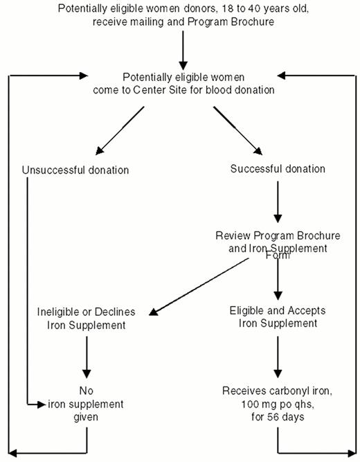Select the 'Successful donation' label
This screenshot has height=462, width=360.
tap(277, 169)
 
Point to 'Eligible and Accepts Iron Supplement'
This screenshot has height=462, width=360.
tap(277, 317)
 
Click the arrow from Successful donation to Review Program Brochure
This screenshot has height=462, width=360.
tap(277, 201)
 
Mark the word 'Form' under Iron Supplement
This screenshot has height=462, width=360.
tap(278, 256)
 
